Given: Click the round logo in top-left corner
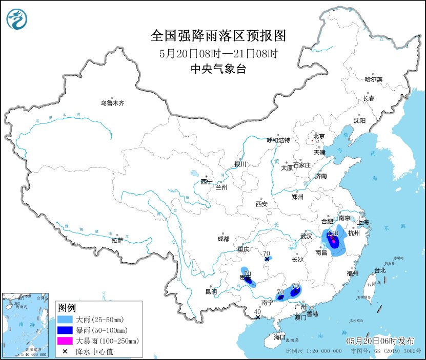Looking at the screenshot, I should click(17, 19).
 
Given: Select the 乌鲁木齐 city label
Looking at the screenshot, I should click(112, 103).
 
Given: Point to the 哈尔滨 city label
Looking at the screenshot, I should click(373, 79).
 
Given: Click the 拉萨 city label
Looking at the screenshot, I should click(117, 240).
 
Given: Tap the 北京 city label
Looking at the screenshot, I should click(319, 136).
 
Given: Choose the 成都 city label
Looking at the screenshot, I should click(224, 239).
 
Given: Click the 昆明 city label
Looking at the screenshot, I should click(211, 291).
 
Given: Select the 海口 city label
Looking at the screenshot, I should click(279, 337).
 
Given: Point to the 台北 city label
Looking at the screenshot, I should click(380, 270).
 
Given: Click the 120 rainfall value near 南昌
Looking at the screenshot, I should click(333, 234).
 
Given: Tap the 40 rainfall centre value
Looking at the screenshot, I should click(258, 311).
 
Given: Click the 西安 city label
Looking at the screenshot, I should click(261, 204).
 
